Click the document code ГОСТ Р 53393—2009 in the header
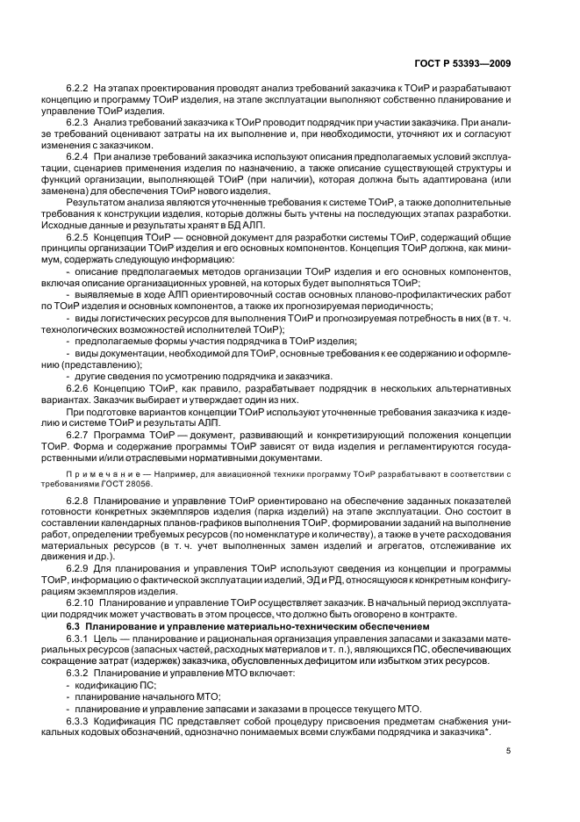462,63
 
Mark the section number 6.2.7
79,434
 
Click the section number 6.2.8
79,501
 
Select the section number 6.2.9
79,570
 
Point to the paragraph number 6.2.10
82,604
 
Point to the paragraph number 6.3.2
79,673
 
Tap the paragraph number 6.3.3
79,719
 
